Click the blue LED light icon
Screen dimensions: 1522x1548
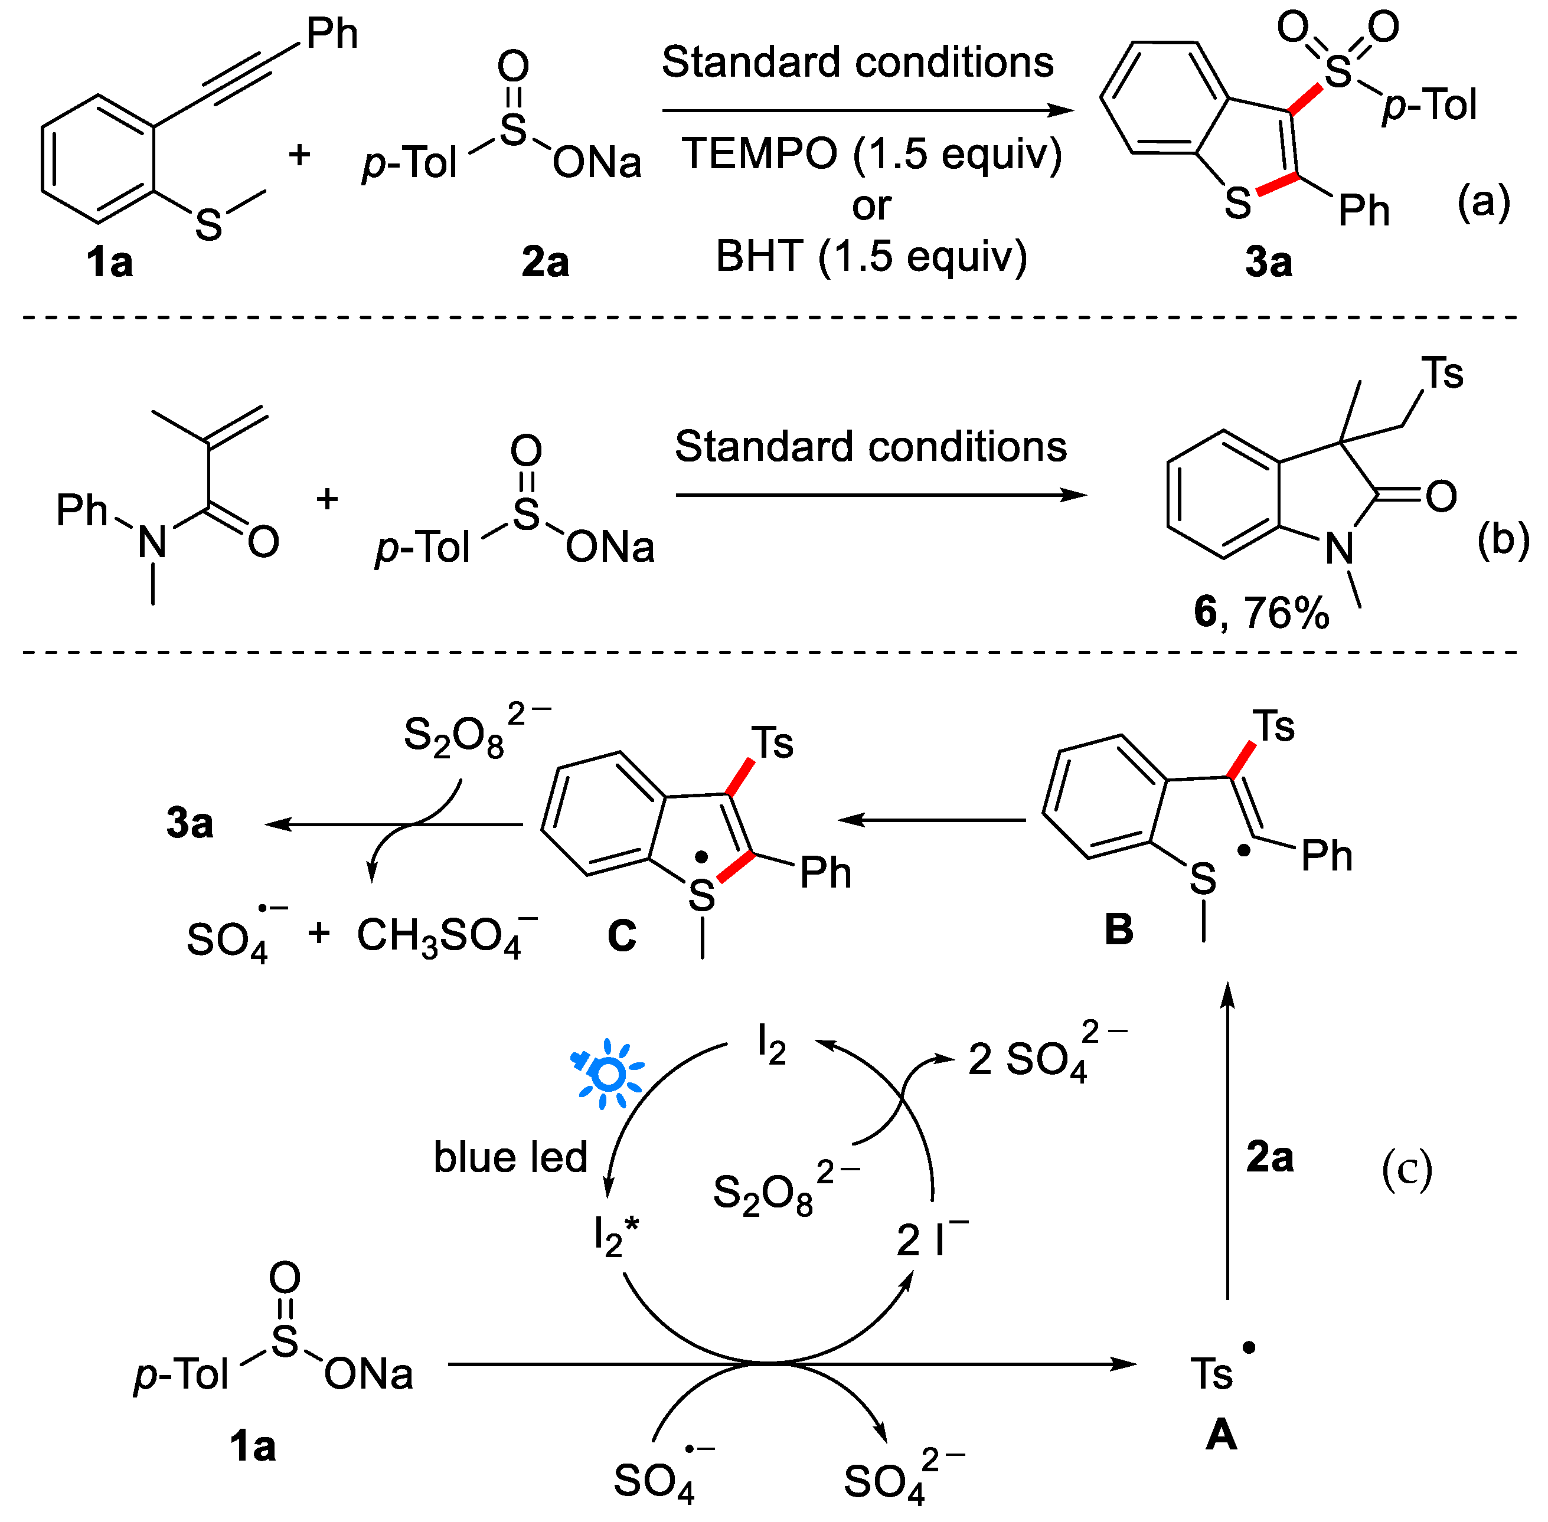click(609, 1074)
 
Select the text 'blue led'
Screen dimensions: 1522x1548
click(510, 1157)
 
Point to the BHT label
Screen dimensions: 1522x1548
click(760, 257)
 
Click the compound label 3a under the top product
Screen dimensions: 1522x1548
click(1268, 262)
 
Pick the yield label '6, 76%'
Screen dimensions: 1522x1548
click(1261, 613)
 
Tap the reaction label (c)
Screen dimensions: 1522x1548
click(1407, 1170)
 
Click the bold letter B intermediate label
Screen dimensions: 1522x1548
click(1119, 929)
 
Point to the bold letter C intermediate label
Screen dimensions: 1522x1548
click(621, 935)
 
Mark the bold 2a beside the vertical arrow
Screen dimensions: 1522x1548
click(1270, 1157)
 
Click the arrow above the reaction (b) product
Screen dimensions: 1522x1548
click(880, 496)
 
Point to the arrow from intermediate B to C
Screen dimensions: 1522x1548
click(932, 819)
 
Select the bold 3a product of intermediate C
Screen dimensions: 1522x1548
click(190, 823)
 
